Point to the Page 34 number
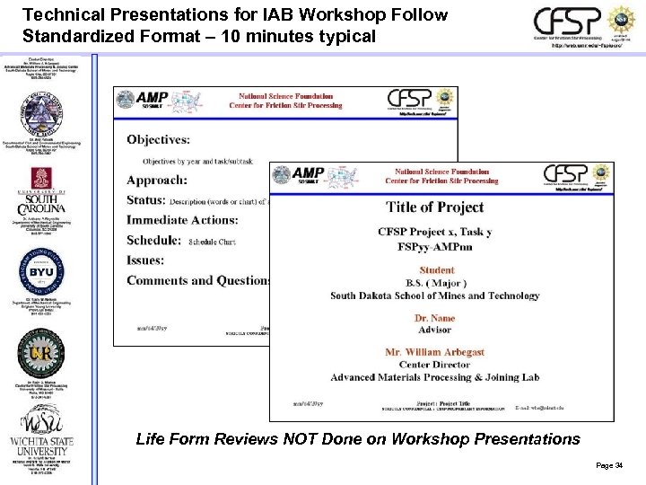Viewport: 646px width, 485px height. [x=608, y=464]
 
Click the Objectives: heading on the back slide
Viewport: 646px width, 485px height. [x=158, y=139]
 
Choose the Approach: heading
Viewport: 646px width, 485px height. [x=157, y=180]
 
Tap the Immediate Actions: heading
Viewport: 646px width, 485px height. [x=182, y=220]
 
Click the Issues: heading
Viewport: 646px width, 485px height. [x=145, y=260]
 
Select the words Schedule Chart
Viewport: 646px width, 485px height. [x=213, y=242]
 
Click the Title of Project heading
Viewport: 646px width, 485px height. [x=435, y=207]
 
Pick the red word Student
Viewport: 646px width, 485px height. [x=436, y=269]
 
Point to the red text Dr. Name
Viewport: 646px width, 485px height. [x=434, y=318]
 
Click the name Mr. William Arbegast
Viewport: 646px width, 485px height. [x=434, y=352]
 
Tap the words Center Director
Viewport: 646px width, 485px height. [x=434, y=365]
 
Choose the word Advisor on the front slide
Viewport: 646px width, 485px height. [x=434, y=330]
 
